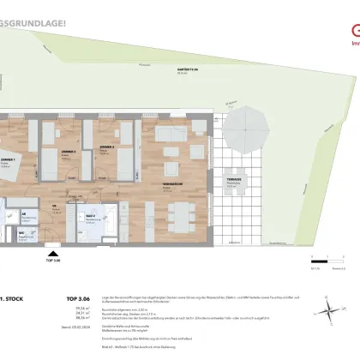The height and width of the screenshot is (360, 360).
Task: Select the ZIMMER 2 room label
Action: coord(65,150)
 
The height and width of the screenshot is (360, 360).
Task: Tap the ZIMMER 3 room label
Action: coord(107,148)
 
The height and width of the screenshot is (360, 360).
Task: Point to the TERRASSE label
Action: coord(231,181)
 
